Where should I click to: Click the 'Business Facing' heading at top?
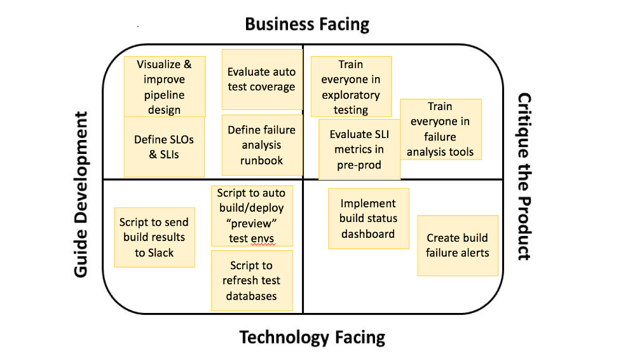click(307, 25)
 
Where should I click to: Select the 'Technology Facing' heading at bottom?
click(312, 336)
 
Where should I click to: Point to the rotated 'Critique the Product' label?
click(524, 177)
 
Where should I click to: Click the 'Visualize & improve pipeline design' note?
click(164, 87)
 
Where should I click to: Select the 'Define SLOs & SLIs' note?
click(164, 147)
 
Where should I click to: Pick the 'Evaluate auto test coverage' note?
click(261, 80)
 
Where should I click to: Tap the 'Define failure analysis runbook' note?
click(261, 145)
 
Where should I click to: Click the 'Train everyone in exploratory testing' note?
click(351, 87)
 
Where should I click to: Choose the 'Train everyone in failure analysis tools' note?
click(440, 129)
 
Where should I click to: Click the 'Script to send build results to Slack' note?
click(154, 237)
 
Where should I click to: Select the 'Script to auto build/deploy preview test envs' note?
click(251, 216)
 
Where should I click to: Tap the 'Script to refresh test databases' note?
click(252, 280)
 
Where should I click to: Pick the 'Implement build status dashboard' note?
click(369, 219)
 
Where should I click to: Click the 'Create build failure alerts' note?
click(458, 246)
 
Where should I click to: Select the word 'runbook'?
click(261, 160)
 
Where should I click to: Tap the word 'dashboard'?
click(368, 234)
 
